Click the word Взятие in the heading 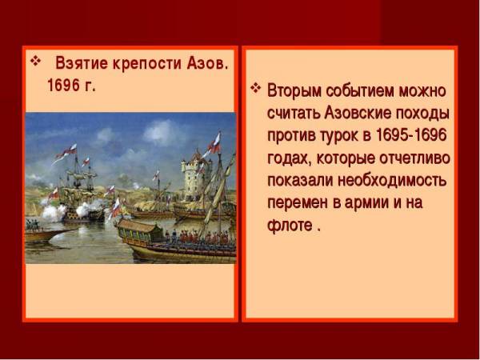(82, 63)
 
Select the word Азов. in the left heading (207, 63)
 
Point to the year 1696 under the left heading (63, 85)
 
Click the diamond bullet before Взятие (35, 61)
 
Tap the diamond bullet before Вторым (256, 88)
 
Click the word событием (359, 91)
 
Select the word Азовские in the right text (358, 114)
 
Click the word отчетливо (414, 158)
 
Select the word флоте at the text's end (290, 225)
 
